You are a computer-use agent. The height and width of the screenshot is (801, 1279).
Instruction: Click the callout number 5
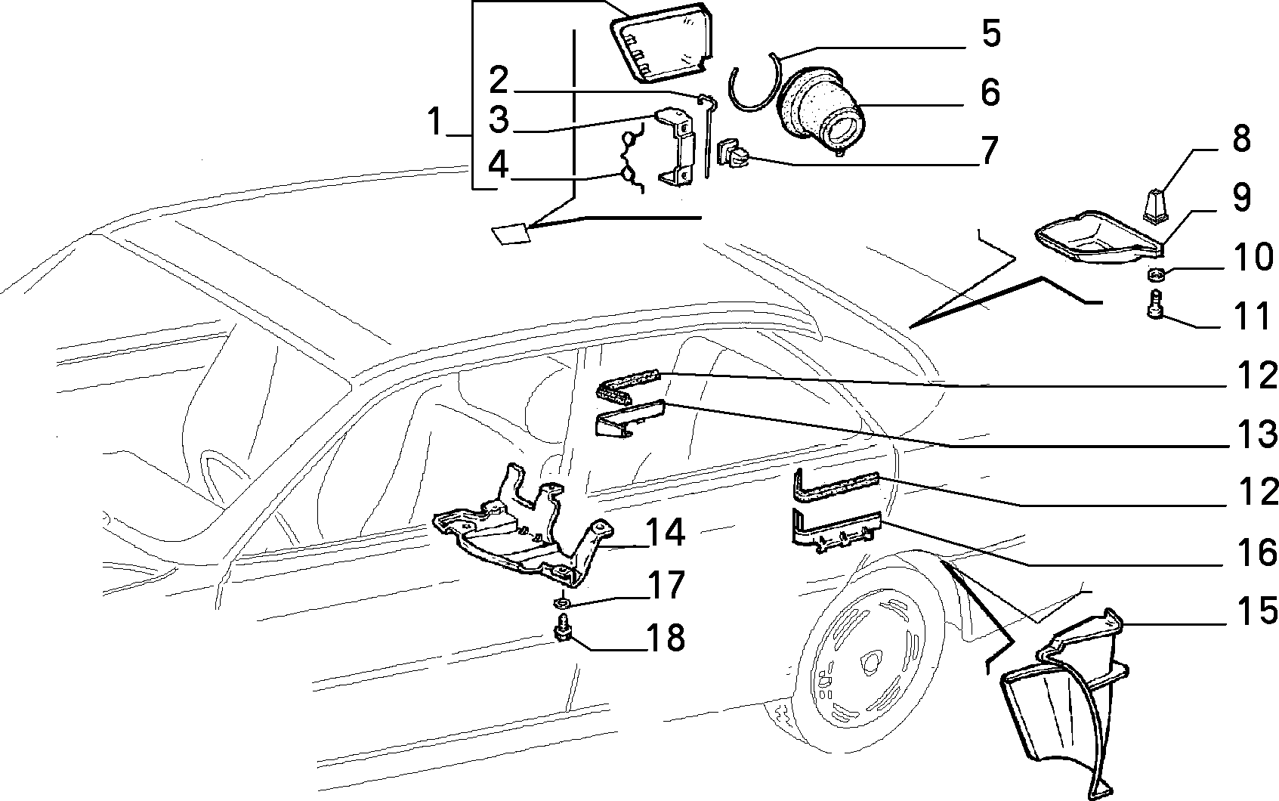[990, 36]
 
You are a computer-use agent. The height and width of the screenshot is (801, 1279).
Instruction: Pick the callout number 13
[1257, 435]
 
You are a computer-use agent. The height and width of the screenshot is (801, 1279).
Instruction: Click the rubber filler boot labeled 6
[820, 116]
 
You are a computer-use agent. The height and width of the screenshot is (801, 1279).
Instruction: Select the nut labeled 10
[1155, 273]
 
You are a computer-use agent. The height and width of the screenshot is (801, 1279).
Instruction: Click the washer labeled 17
[561, 602]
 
